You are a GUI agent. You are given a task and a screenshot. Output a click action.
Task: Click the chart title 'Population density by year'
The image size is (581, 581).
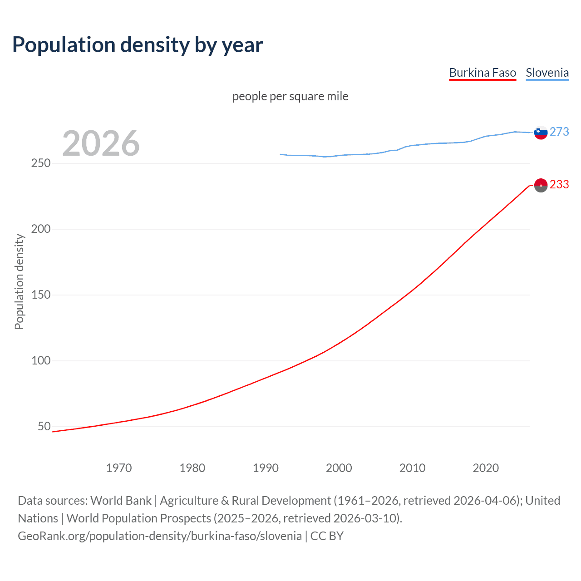pyautogui.click(x=138, y=45)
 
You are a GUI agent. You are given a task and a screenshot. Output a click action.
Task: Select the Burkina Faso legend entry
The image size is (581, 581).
pyautogui.click(x=483, y=73)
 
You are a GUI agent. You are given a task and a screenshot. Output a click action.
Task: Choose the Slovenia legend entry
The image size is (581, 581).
pyautogui.click(x=547, y=73)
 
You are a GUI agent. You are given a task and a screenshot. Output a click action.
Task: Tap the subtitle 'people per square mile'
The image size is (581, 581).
pyautogui.click(x=290, y=96)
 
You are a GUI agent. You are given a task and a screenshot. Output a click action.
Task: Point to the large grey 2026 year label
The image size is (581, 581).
pyautogui.click(x=101, y=143)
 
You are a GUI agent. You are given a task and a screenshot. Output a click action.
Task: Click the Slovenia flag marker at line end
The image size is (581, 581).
pyautogui.click(x=541, y=133)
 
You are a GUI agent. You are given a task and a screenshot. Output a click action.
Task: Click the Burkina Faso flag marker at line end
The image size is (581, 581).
pyautogui.click(x=541, y=185)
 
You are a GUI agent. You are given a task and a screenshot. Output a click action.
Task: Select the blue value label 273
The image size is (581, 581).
pyautogui.click(x=559, y=132)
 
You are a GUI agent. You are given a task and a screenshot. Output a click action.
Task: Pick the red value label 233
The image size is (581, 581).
pyautogui.click(x=559, y=184)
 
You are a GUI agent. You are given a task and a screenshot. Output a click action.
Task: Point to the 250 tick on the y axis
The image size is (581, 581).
pyautogui.click(x=41, y=163)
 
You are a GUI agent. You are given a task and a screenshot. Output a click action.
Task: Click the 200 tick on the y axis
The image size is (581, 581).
pyautogui.click(x=41, y=229)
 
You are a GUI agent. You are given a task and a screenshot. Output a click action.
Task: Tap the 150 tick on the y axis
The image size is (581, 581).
pyautogui.click(x=41, y=295)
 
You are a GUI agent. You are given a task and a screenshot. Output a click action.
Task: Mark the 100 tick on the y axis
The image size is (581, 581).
pyautogui.click(x=41, y=360)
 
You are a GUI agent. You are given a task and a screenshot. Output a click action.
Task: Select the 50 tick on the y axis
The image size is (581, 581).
pyautogui.click(x=44, y=426)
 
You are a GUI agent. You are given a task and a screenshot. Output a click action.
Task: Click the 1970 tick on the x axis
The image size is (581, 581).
pyautogui.click(x=119, y=468)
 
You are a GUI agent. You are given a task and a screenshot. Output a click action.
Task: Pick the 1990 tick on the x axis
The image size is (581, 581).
pyautogui.click(x=266, y=468)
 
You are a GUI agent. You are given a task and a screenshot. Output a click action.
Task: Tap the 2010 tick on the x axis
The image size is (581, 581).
pyautogui.click(x=412, y=468)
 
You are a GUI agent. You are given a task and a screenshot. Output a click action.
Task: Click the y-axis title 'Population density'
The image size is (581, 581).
pyautogui.click(x=19, y=281)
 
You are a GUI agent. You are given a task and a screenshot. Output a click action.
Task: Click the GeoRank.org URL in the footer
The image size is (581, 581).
pyautogui.click(x=160, y=536)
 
